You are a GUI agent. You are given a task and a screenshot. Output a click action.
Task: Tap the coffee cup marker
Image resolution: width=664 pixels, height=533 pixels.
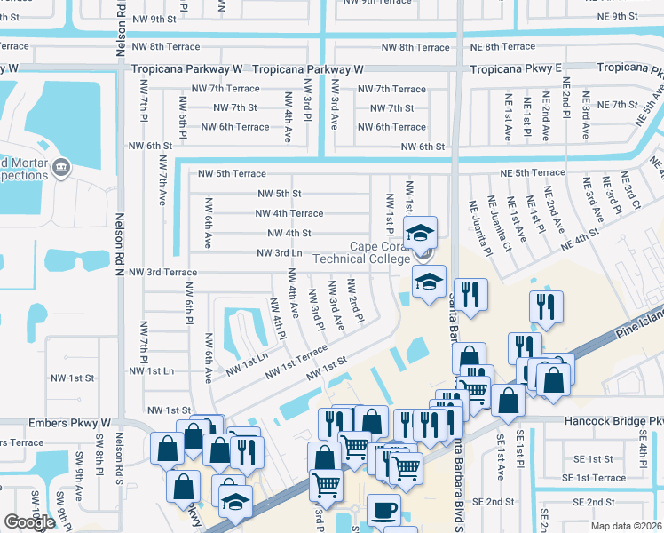[383, 510]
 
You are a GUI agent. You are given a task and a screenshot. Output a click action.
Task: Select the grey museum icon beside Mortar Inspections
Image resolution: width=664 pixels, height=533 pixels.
[61, 165]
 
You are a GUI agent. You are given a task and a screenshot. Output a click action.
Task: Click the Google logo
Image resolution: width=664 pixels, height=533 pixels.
[28, 522]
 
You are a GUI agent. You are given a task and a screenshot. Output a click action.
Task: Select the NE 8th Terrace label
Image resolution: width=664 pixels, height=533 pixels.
[522, 46]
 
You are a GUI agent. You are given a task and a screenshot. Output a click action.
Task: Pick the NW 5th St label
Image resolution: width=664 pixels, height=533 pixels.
[280, 193]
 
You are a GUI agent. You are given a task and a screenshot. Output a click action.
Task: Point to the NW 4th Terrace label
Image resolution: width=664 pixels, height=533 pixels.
[289, 213]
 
